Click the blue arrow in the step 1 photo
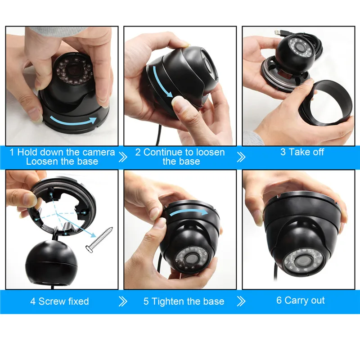(x=73, y=121)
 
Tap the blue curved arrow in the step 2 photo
(x=161, y=81)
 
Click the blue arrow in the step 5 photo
(x=188, y=213)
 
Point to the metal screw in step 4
(x=99, y=240)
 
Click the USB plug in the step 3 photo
(x=279, y=32)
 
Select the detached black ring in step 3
(x=326, y=103)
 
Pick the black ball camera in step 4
(x=52, y=261)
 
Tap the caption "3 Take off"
(x=302, y=152)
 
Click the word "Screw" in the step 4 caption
(x=52, y=301)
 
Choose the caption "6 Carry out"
(x=300, y=301)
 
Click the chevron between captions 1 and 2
(x=123, y=157)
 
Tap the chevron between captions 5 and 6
(x=241, y=301)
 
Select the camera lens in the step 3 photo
(x=300, y=47)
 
